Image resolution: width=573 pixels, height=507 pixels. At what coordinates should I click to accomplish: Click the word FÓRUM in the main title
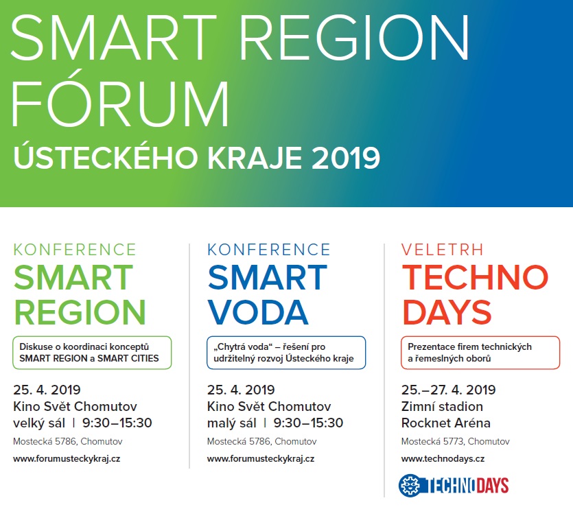[x=120, y=99]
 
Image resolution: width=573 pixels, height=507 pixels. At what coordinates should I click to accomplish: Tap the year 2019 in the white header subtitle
[x=346, y=158]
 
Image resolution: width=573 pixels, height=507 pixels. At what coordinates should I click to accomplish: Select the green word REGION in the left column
[x=80, y=312]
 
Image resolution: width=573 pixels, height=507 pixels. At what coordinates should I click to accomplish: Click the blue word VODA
[x=258, y=312]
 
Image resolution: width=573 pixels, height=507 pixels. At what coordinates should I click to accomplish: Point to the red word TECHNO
[x=475, y=277]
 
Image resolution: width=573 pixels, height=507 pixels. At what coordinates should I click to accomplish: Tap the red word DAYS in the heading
[x=447, y=312]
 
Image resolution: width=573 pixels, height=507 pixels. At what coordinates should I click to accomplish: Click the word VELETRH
[x=442, y=250]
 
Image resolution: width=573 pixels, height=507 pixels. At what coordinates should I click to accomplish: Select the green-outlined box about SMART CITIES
[x=92, y=353]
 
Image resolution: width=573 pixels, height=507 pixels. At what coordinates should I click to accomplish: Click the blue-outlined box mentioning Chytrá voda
[x=286, y=353]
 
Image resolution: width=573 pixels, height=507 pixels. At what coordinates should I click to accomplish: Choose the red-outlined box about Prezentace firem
[x=480, y=353]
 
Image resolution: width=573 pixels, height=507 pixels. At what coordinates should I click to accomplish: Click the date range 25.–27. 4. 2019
[x=448, y=390]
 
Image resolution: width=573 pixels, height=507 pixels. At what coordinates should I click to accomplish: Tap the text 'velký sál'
[x=39, y=423]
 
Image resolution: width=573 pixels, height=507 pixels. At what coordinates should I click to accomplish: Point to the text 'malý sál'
[x=232, y=423]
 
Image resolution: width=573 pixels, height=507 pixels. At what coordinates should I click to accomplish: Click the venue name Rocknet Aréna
[x=446, y=423]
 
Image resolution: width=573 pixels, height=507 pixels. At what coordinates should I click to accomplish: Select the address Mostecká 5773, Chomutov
[x=456, y=442]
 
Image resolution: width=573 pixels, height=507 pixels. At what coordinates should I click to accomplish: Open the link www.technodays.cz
[x=443, y=459]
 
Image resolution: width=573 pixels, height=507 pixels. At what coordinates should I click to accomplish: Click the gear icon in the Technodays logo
[x=410, y=486]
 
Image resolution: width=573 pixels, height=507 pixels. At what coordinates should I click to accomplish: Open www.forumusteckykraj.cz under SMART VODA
[x=261, y=459]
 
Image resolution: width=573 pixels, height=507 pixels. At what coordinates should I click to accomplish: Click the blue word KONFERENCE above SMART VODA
[x=268, y=250]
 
